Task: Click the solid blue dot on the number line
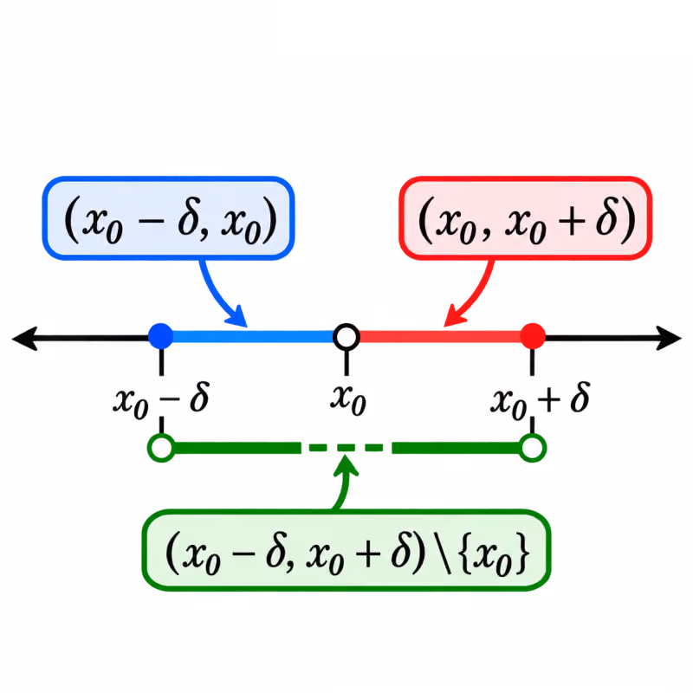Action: pyautogui.click(x=161, y=336)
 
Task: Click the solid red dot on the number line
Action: pyautogui.click(x=533, y=336)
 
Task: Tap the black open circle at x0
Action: pyautogui.click(x=346, y=337)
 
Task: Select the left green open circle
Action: pyautogui.click(x=161, y=448)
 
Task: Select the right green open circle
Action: pyautogui.click(x=533, y=448)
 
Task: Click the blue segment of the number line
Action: pyautogui.click(x=254, y=337)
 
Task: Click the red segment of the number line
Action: pyautogui.click(x=440, y=337)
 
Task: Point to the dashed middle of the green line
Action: pyautogui.click(x=346, y=448)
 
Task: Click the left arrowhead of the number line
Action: pyautogui.click(x=25, y=339)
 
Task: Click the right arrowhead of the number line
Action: pyautogui.click(x=668, y=338)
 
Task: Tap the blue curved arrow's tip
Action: pyautogui.click(x=246, y=327)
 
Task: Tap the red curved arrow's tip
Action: pyautogui.click(x=444, y=327)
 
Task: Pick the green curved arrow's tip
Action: pyautogui.click(x=345, y=456)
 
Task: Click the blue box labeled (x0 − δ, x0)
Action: pyautogui.click(x=168, y=218)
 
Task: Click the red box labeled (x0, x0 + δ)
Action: pyautogui.click(x=526, y=218)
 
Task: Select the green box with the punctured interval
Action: pyautogui.click(x=346, y=550)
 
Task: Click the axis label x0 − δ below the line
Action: pyautogui.click(x=161, y=400)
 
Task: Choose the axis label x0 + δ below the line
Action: pyautogui.click(x=540, y=400)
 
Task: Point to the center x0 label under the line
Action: pyautogui.click(x=348, y=400)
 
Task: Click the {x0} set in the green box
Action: pyautogui.click(x=495, y=554)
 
